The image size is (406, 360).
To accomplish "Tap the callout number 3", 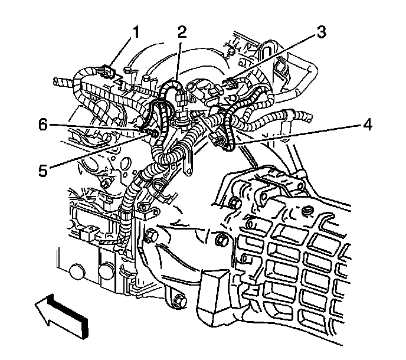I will [320, 32].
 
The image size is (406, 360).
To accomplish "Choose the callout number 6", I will [42, 124].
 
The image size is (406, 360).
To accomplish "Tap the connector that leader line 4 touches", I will [218, 140].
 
